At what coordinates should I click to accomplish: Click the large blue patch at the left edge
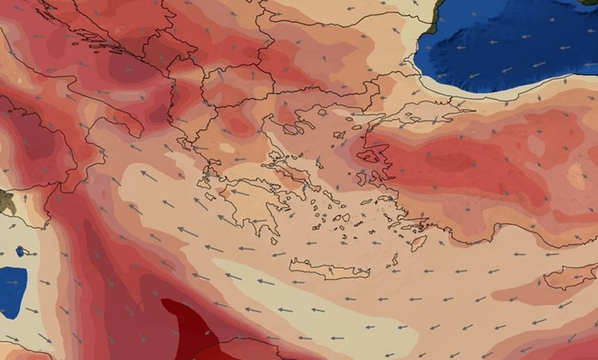pyautogui.click(x=12, y=291)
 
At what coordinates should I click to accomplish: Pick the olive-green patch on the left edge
pyautogui.click(x=6, y=202)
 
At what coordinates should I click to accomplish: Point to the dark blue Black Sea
pyautogui.click(x=514, y=42)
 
